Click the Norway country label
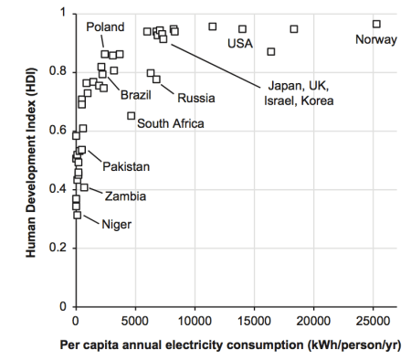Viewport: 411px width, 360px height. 375,39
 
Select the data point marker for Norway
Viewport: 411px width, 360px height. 376,24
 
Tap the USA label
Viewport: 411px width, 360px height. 239,44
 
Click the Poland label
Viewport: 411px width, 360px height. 105,27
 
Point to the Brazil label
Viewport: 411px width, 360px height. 135,94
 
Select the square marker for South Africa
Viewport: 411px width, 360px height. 132,116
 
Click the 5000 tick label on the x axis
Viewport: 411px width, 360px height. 134,321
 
